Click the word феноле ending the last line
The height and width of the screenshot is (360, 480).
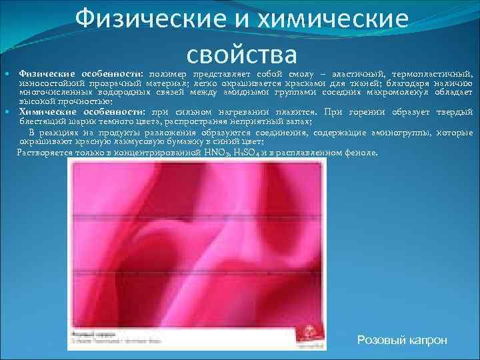click(x=361, y=152)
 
